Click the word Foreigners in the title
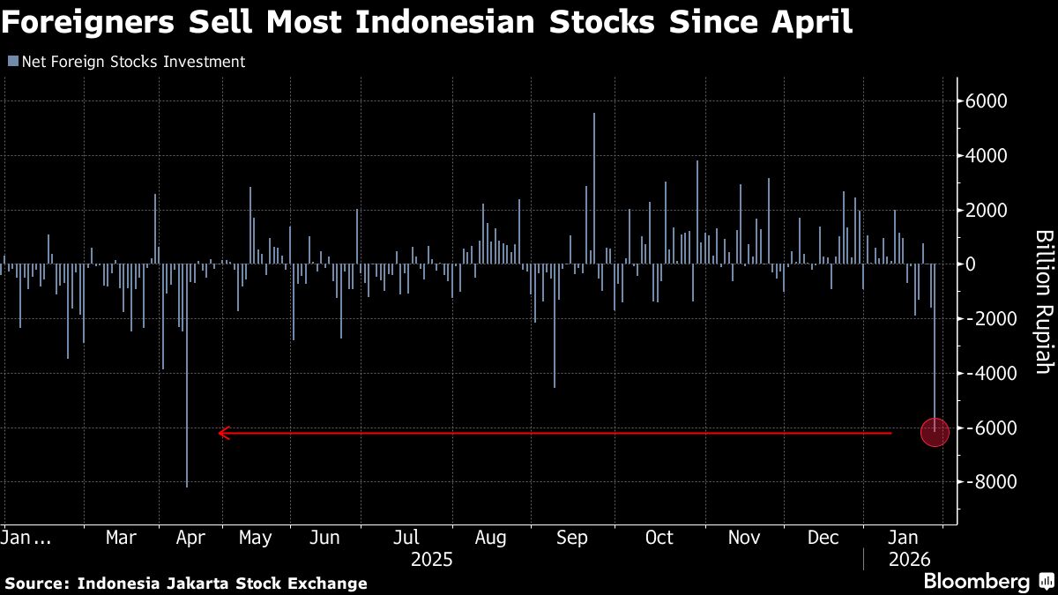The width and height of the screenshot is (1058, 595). coord(88,22)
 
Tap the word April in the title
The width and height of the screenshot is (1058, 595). coord(812,22)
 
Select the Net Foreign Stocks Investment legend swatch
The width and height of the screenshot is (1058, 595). coord(13,61)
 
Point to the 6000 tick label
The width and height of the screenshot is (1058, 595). coord(987,100)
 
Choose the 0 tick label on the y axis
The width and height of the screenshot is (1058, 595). coord(970,264)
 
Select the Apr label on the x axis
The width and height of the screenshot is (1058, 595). coord(190,538)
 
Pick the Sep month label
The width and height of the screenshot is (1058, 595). coord(572,538)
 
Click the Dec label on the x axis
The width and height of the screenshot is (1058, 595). coord(823,538)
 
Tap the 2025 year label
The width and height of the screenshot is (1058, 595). coord(432,560)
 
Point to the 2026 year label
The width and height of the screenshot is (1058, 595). coord(910,560)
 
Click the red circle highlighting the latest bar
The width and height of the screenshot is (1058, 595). coord(935,432)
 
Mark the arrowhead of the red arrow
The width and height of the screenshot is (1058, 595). coord(223,433)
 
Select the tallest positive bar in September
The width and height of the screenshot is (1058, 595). coord(594,189)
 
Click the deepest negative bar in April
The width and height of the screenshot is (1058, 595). coord(187,376)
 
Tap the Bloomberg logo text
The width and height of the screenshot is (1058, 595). coord(977,582)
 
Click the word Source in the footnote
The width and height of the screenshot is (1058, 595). coord(37,584)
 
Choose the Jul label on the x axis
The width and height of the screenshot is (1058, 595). coord(406,538)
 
